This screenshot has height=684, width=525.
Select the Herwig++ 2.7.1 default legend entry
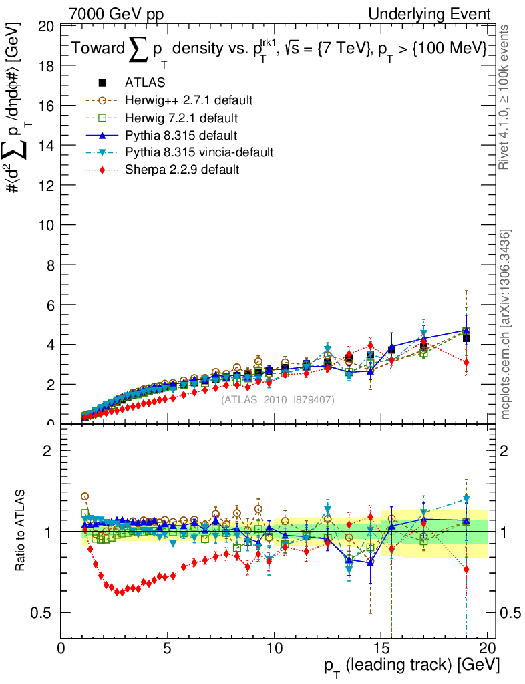(x=188, y=100)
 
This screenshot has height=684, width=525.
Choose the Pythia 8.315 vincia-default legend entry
(x=199, y=152)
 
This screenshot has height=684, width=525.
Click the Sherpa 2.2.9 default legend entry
(x=182, y=170)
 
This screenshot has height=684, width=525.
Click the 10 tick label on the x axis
(x=274, y=648)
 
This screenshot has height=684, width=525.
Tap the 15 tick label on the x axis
(x=381, y=648)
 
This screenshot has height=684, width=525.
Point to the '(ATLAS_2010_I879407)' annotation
(x=278, y=400)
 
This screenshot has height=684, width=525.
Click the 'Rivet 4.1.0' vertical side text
(x=506, y=97)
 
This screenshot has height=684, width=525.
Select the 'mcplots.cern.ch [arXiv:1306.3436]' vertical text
(x=506, y=324)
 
